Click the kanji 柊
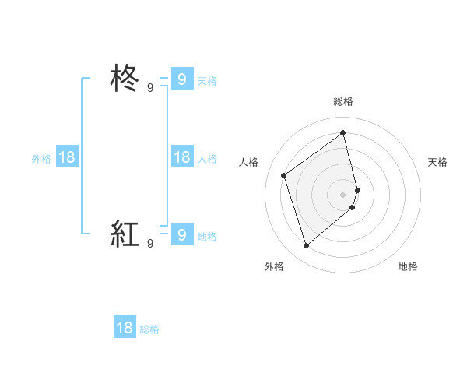pos(125,79)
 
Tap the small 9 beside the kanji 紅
pos(150,244)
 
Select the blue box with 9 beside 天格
pos(181,79)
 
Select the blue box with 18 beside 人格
pos(181,157)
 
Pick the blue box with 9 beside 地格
pos(181,234)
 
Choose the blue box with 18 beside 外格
pos(67,157)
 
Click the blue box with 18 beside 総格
pos(125,328)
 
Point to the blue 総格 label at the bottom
pos(149,329)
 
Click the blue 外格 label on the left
pos(41,159)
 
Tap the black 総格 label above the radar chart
pos(343,101)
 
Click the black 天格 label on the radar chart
pos(438,162)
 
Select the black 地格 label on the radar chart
pos(408,267)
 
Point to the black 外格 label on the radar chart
pos(274,267)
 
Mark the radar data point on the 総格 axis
pos(343,132)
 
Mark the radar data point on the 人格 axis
pos(284,175)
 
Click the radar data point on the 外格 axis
pos(306,246)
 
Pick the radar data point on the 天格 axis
pos(358,189)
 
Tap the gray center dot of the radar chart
pos(343,194)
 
